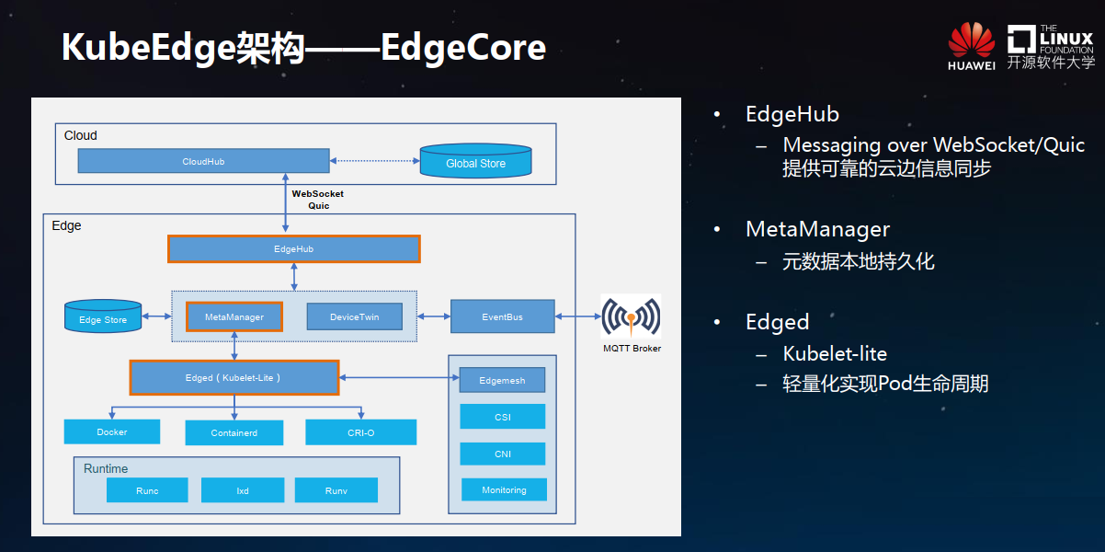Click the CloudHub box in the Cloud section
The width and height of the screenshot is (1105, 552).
click(x=203, y=161)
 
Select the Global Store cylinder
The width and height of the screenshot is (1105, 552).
click(x=475, y=160)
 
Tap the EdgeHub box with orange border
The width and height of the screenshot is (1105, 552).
click(x=294, y=248)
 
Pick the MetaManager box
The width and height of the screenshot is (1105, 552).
click(x=234, y=316)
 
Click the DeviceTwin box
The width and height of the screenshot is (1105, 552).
click(x=355, y=316)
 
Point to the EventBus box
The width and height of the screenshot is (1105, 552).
click(x=502, y=316)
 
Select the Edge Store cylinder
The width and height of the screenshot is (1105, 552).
click(x=103, y=316)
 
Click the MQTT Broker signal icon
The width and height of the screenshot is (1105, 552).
click(x=631, y=316)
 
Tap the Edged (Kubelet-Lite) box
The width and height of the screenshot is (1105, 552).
click(x=234, y=378)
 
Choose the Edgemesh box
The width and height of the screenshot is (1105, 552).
click(x=502, y=380)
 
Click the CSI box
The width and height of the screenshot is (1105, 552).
click(x=503, y=417)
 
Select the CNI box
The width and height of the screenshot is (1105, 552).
click(x=503, y=454)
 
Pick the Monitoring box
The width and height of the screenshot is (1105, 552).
click(x=504, y=489)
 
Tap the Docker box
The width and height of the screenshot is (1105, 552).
click(x=112, y=432)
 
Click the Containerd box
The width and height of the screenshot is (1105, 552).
click(x=234, y=433)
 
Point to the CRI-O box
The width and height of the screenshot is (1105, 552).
click(x=360, y=432)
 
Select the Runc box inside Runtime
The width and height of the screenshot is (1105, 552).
click(x=147, y=490)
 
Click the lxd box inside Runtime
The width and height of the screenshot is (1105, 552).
click(x=243, y=490)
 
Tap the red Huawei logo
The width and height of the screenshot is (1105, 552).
click(x=972, y=40)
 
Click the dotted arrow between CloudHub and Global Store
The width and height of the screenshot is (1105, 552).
click(x=375, y=160)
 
